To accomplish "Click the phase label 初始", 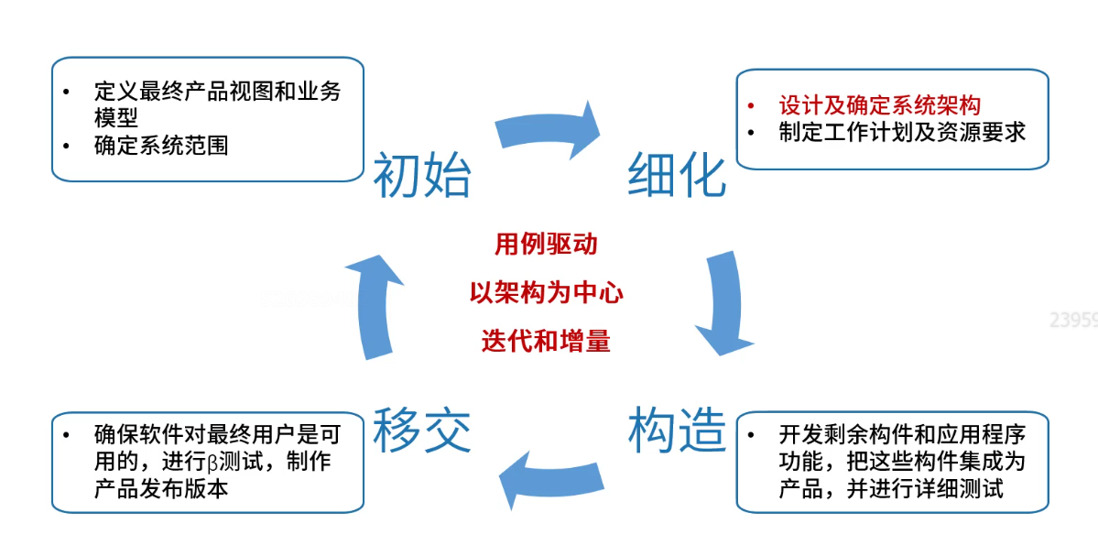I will tap(421, 176).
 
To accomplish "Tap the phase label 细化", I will tap(677, 176).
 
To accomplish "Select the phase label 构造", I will tap(677, 430).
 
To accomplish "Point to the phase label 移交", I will tap(421, 430).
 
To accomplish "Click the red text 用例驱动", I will tap(546, 245).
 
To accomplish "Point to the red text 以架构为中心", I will tap(546, 293).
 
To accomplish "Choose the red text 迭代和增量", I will tap(546, 342).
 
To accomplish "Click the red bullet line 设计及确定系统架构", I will tap(880, 105).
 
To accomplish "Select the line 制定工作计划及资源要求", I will tap(902, 132).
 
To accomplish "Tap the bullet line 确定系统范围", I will tap(161, 145).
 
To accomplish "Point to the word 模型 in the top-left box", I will tap(115, 117).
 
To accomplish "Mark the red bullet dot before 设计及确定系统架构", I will tap(751, 105).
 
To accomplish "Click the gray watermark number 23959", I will tap(1073, 320).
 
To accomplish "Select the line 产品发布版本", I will tap(161, 487).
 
